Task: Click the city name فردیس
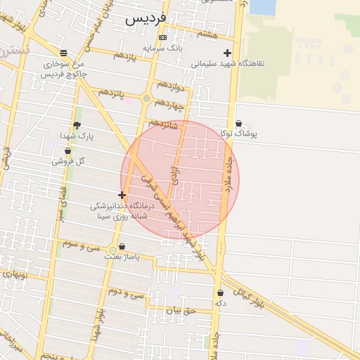pyautogui.click(x=146, y=19)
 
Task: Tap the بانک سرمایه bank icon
pyautogui.click(x=163, y=37)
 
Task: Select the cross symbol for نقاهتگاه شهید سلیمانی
pyautogui.click(x=227, y=53)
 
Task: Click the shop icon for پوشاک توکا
pyautogui.click(x=238, y=123)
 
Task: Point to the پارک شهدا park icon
pyautogui.click(x=77, y=125)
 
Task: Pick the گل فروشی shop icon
pyautogui.click(x=67, y=150)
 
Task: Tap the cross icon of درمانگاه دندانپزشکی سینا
pyautogui.click(x=122, y=195)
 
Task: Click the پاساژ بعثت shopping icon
pyautogui.click(x=123, y=247)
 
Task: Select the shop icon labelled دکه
pyautogui.click(x=220, y=292)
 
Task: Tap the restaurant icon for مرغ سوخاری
pyautogui.click(x=64, y=53)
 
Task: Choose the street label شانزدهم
pyautogui.click(x=161, y=124)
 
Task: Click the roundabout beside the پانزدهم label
pyautogui.click(x=146, y=98)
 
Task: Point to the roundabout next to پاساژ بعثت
pyautogui.click(x=112, y=250)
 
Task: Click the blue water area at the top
pyautogui.click(x=262, y=7)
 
